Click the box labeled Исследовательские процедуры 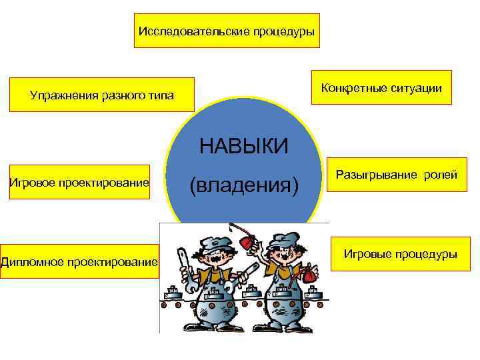227,31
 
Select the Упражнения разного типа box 101,95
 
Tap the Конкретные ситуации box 381,87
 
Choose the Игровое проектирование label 79,182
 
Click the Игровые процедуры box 400,254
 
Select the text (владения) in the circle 244,183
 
